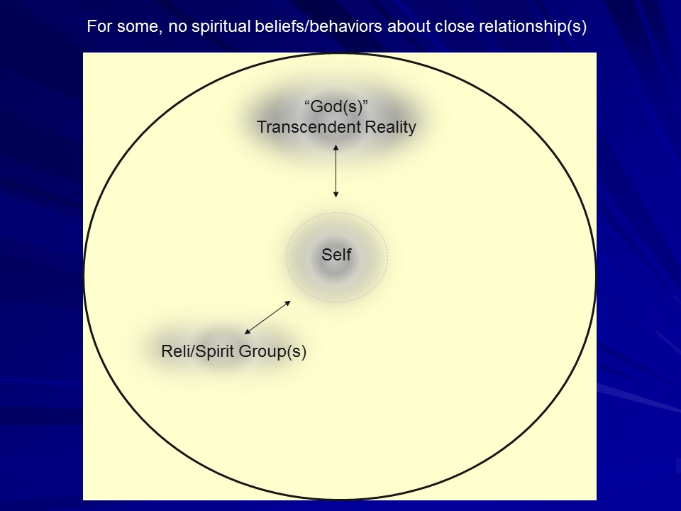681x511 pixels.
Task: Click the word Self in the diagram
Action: tap(336, 255)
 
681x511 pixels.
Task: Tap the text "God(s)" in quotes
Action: tap(336, 107)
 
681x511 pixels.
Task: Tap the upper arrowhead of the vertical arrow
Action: tap(336, 147)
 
